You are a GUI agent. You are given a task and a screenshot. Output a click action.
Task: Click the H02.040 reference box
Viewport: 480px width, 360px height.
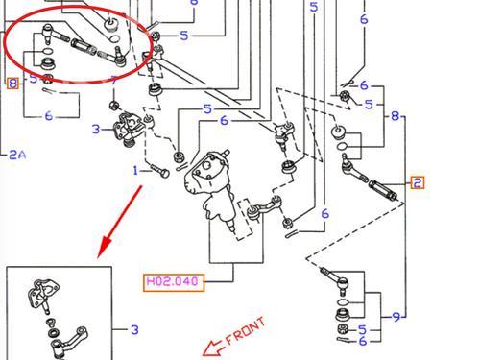pyautogui.click(x=174, y=282)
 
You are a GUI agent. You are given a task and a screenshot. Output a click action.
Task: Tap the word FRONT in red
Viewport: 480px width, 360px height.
pyautogui.click(x=246, y=331)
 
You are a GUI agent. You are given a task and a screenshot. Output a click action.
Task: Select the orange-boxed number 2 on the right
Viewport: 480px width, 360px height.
pyautogui.click(x=418, y=182)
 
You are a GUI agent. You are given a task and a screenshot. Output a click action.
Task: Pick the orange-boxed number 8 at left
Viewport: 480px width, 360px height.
pyautogui.click(x=12, y=84)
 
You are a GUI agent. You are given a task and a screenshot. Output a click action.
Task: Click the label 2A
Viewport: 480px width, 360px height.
pyautogui.click(x=17, y=155)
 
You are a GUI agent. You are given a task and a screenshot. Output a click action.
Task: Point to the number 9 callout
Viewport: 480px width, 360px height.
pyautogui.click(x=396, y=317)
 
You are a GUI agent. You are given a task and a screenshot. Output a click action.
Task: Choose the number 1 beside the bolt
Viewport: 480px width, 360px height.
pyautogui.click(x=135, y=170)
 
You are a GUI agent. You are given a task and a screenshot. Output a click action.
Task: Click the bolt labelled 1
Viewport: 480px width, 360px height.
pyautogui.click(x=161, y=171)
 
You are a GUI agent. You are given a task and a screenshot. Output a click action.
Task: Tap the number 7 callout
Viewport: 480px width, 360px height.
pyautogui.click(x=114, y=80)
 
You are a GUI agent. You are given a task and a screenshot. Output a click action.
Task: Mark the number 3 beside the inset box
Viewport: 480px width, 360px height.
pyautogui.click(x=134, y=329)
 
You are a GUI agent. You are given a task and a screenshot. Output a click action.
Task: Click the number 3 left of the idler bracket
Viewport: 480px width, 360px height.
pyautogui.click(x=96, y=130)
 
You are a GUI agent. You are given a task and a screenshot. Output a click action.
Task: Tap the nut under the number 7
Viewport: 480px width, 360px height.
pyautogui.click(x=113, y=106)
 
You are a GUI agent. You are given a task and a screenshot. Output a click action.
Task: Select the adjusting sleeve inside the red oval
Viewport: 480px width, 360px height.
pyautogui.click(x=84, y=47)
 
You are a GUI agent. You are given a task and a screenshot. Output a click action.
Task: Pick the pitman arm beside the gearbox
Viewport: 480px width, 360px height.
pyautogui.click(x=264, y=208)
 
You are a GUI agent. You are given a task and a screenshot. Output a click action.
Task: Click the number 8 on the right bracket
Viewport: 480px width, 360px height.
pyautogui.click(x=396, y=116)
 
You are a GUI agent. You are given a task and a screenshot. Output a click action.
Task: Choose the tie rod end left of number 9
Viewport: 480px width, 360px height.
pyautogui.click(x=336, y=279)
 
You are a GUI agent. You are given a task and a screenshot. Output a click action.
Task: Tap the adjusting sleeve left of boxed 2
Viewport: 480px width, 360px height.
pyautogui.click(x=383, y=190)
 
